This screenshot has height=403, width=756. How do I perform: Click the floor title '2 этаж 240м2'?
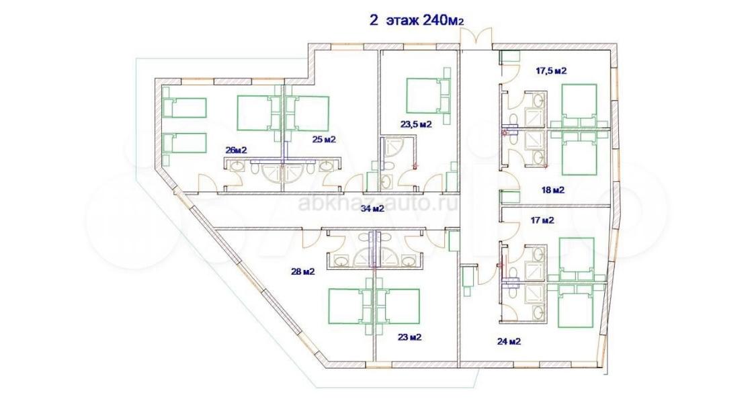coord(416,19)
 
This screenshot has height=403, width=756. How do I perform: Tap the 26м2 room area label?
coord(237,150)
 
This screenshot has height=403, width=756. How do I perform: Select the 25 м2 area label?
coord(323,140)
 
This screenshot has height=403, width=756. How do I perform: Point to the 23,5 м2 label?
coord(416,124)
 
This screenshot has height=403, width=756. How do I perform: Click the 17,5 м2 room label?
coord(551,71)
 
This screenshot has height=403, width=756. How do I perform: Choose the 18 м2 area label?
coord(552,190)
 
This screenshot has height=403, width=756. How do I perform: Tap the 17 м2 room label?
coord(542,221)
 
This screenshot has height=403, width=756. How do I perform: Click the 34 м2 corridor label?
coord(372,209)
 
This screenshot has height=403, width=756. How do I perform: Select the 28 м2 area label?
coord(303,271)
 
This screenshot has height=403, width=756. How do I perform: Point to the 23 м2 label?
coord(410,337)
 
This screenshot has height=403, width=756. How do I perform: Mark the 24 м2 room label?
coord(509,342)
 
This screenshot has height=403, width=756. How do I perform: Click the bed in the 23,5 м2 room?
coord(427,95)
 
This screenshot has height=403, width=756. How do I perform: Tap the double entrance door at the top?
coord(476,38)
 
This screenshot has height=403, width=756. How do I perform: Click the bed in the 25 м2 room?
coord(307,114)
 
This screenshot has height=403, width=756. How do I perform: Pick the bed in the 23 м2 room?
coord(398,306)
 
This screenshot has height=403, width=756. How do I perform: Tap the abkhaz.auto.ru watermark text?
coord(378,204)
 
